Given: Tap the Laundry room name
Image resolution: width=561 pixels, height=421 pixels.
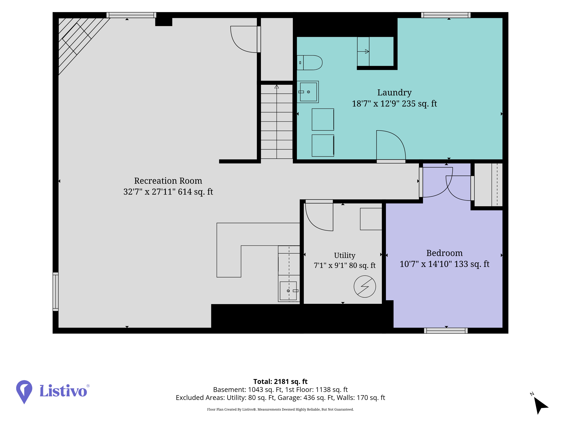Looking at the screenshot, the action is click(394, 93).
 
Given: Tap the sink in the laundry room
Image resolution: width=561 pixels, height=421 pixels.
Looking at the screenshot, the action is click(308, 92).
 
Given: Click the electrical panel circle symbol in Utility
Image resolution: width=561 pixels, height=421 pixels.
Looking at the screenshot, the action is click(365, 287).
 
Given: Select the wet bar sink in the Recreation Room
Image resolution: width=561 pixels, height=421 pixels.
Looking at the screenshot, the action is click(288, 291).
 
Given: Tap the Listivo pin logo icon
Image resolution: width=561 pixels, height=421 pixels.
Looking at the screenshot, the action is click(24, 392).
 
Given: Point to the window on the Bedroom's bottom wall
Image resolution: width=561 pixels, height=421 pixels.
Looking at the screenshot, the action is click(446, 331).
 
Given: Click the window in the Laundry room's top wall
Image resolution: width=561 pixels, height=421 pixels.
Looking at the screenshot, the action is click(446, 15).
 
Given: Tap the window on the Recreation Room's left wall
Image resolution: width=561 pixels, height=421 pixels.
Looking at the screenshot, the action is click(56, 292).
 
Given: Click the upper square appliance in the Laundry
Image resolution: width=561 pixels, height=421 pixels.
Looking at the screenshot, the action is click(323, 120).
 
